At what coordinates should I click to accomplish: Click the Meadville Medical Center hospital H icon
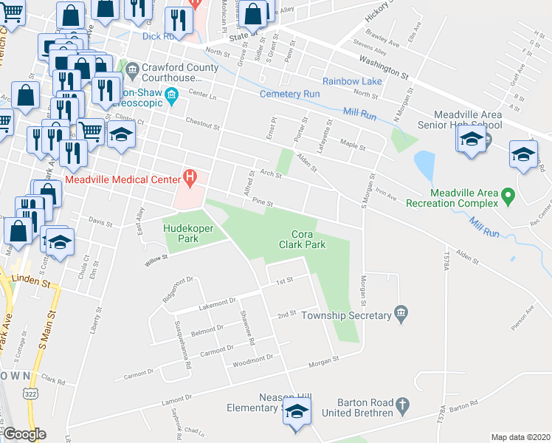tap(190, 177)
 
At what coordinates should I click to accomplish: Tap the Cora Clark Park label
tap(303, 238)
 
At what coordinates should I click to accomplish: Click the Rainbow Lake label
tap(352, 80)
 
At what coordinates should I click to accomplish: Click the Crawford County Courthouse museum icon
tap(133, 72)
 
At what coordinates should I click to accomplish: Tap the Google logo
tap(25, 434)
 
